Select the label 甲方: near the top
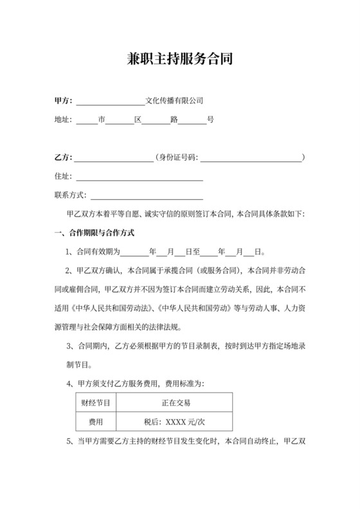pyautogui.click(x=64, y=100)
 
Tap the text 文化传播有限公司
pyautogui.click(x=175, y=100)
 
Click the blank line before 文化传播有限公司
pyautogui.click(x=111, y=102)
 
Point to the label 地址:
pyautogui.click(x=64, y=120)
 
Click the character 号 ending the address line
pyautogui.click(x=210, y=120)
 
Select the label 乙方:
pyautogui.click(x=64, y=157)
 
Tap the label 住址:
pyautogui.click(x=64, y=176)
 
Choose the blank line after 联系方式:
pyautogui.click(x=145, y=196)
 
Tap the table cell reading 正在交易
pyautogui.click(x=175, y=403)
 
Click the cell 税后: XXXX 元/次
pyautogui.click(x=175, y=422)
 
